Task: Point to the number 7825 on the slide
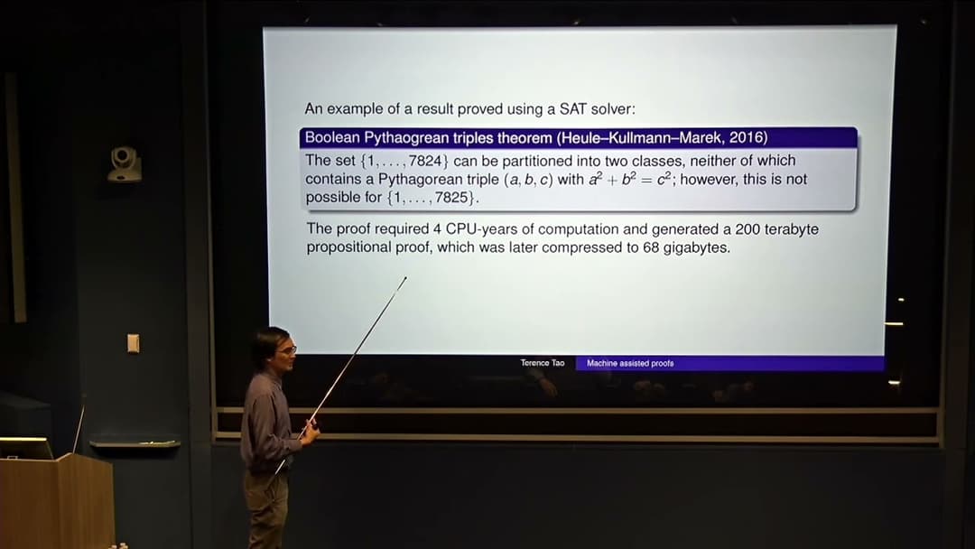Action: tap(450, 198)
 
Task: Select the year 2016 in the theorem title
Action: tap(747, 138)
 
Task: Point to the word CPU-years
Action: tap(478, 229)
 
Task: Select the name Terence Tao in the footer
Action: tap(543, 363)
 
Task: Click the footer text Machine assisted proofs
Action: tap(630, 363)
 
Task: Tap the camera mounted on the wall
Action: tap(125, 164)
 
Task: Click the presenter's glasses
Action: tap(286, 348)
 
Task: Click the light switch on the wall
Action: tap(133, 343)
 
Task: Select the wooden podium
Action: tap(58, 501)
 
